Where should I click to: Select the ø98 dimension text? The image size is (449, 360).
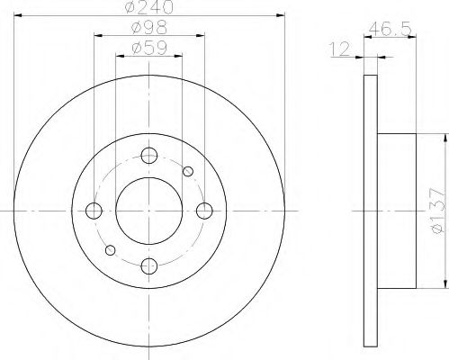click(148, 29)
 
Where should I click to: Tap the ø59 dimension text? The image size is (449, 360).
click(148, 49)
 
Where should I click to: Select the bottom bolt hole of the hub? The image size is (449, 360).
click(149, 265)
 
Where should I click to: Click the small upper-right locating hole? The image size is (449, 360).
click(188, 171)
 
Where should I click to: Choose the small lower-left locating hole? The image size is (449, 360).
click(110, 249)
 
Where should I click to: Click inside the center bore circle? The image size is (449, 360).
click(149, 211)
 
